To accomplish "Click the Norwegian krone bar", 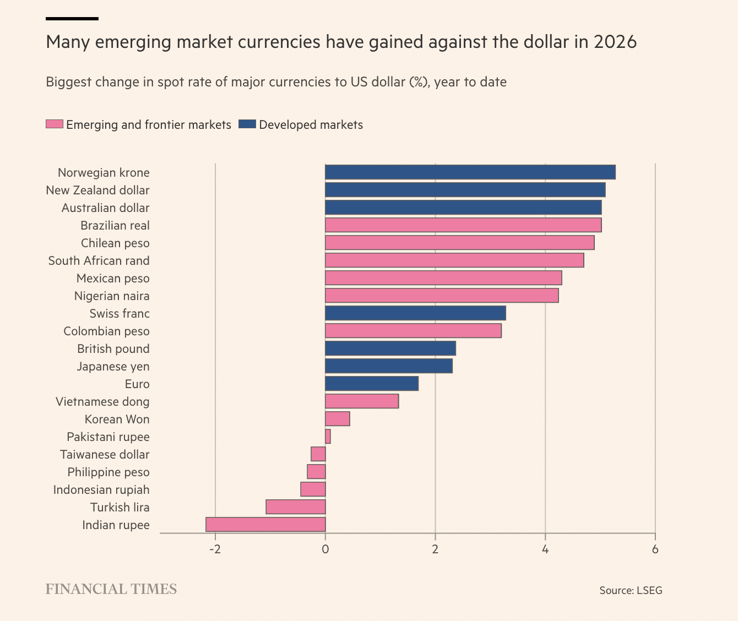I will click(470, 172).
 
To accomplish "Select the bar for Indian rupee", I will click(265, 525).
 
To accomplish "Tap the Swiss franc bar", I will click(415, 313).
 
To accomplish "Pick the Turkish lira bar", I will click(296, 507).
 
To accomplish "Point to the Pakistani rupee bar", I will click(328, 437).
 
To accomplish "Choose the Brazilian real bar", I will click(463, 225).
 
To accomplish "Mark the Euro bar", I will click(372, 384).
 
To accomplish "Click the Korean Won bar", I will click(338, 419).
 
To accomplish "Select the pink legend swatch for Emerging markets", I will click(55, 124).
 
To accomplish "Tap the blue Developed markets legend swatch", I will click(247, 124).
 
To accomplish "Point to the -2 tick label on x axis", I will click(215, 549).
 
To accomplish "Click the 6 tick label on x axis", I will click(655, 549).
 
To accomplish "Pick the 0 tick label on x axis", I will click(325, 549).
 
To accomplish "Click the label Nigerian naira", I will click(112, 296).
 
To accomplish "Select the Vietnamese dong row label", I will click(102, 402).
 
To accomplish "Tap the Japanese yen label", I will click(113, 367).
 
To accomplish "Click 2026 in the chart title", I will click(615, 42).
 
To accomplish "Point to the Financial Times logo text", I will click(111, 589).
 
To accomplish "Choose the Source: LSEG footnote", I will click(631, 591).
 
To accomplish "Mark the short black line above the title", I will click(72, 19).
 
